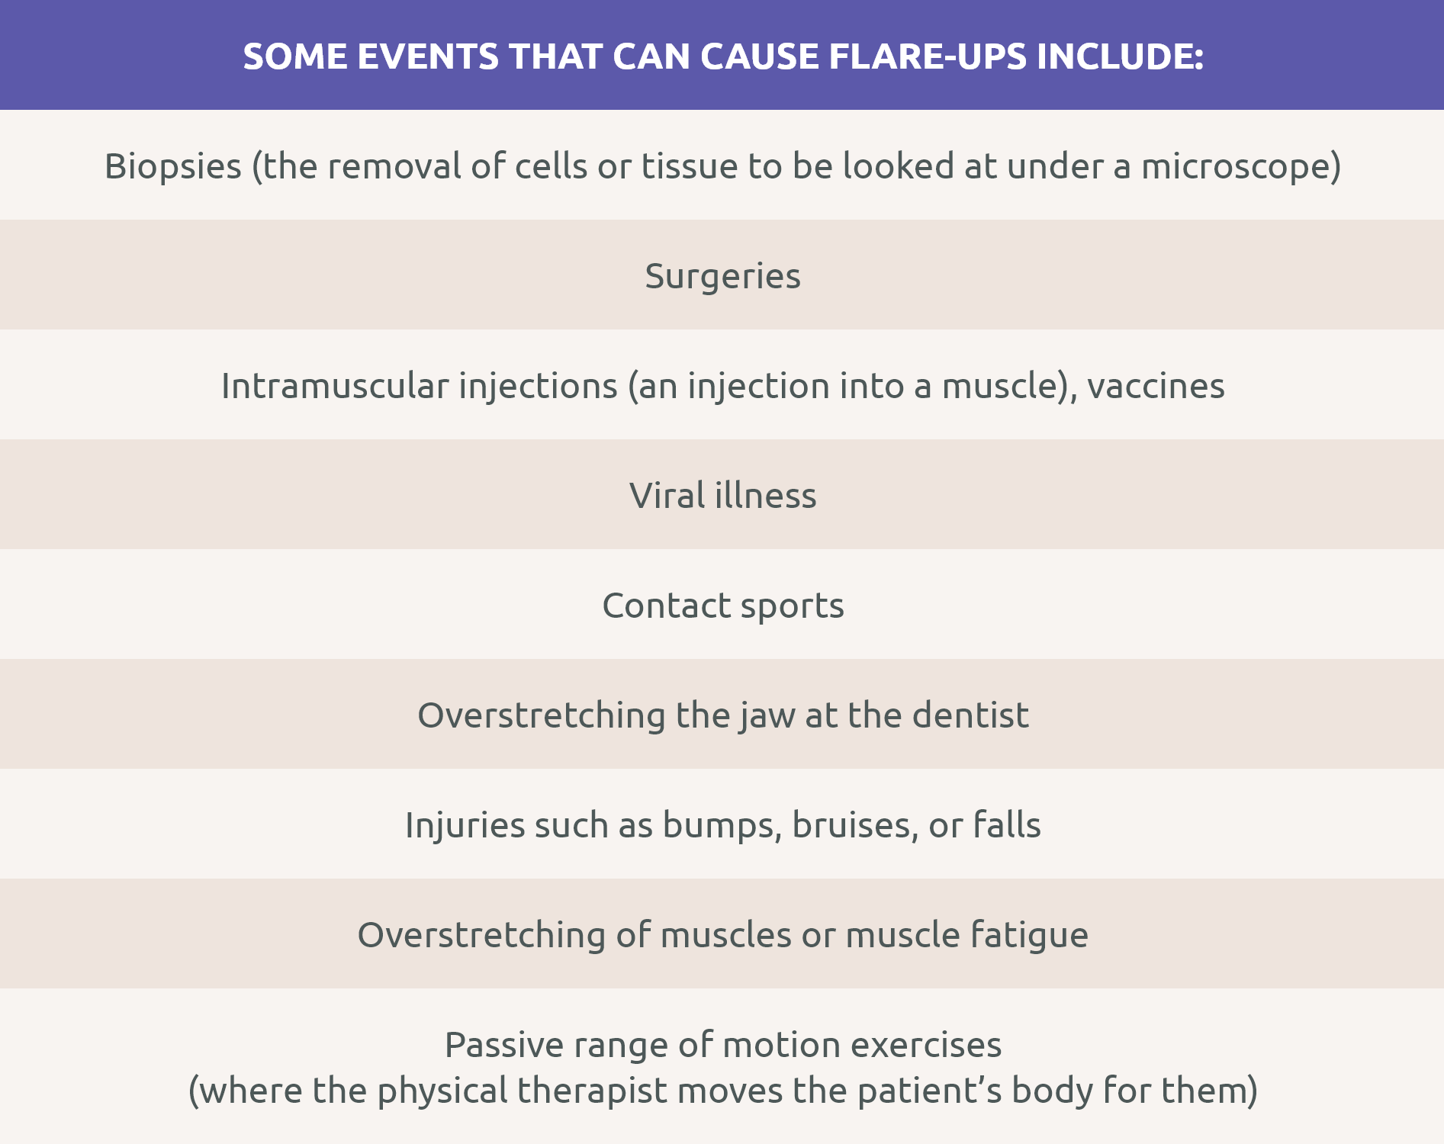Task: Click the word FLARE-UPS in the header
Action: pyautogui.click(x=928, y=56)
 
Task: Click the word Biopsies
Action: pyautogui.click(x=173, y=166)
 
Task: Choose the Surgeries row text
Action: pyautogui.click(x=722, y=276)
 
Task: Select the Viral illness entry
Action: pyautogui.click(x=722, y=496)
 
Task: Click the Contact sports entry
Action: pyautogui.click(x=722, y=606)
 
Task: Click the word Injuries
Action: pyautogui.click(x=465, y=825)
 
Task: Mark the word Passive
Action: pyautogui.click(x=504, y=1045)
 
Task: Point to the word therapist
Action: pyautogui.click(x=592, y=1091)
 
